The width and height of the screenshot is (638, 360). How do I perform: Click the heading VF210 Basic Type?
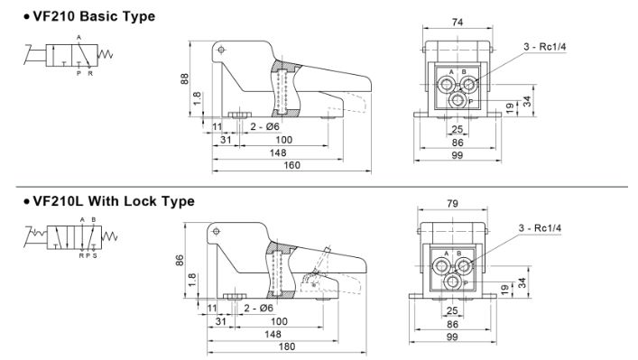pos(94,16)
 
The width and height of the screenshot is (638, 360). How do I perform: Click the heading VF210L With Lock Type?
pos(113,201)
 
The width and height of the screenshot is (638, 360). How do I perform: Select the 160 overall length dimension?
pos(291,165)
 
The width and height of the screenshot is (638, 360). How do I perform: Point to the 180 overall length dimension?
pos(286,346)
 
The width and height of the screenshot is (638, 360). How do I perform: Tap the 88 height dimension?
pos(184,78)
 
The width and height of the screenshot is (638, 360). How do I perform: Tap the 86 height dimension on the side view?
pos(180,261)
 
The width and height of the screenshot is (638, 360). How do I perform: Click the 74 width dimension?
pos(458,23)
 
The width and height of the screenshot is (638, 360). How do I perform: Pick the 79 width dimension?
pos(452,203)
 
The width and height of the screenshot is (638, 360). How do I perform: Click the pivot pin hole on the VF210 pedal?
pos(221,50)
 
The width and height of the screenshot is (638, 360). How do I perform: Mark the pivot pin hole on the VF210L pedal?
pos(216,232)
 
